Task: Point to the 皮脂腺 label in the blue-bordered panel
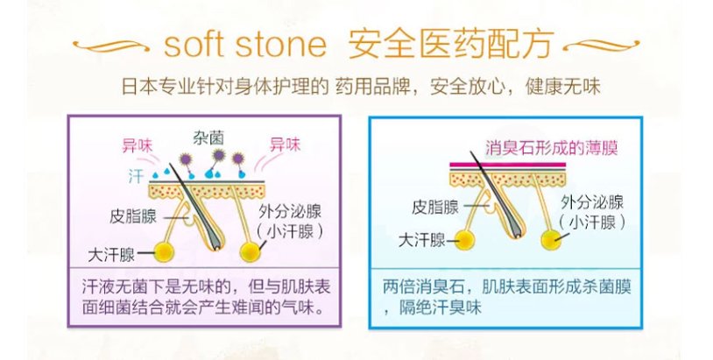coord(436,208)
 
